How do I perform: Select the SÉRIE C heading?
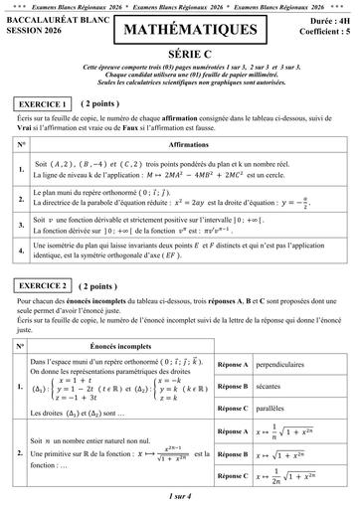180,59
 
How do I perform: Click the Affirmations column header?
190,144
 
